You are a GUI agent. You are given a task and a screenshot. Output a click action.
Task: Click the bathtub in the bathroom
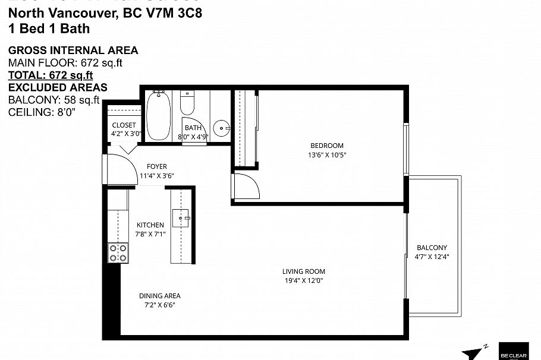[158, 116]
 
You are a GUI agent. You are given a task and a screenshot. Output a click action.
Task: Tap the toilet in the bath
[188, 103]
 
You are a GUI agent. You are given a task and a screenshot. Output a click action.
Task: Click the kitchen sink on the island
[180, 218]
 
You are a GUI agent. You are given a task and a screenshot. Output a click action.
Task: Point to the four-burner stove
[117, 253]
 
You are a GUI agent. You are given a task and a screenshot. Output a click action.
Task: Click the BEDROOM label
[327, 146]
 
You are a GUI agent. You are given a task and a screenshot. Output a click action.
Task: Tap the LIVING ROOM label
[303, 271]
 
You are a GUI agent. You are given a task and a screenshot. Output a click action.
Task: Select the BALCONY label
[432, 248]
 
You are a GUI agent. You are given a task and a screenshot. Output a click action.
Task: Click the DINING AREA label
[159, 296]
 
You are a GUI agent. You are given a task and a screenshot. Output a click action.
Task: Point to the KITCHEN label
[150, 225]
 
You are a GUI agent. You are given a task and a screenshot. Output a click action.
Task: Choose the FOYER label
[157, 166]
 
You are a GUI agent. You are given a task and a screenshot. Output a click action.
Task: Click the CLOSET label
[124, 125]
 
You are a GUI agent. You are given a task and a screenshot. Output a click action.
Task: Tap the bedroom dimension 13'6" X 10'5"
[327, 155]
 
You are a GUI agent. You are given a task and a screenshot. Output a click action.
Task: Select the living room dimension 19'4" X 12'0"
[303, 280]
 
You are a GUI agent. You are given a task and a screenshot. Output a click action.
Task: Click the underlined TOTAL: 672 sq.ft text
[51, 75]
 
